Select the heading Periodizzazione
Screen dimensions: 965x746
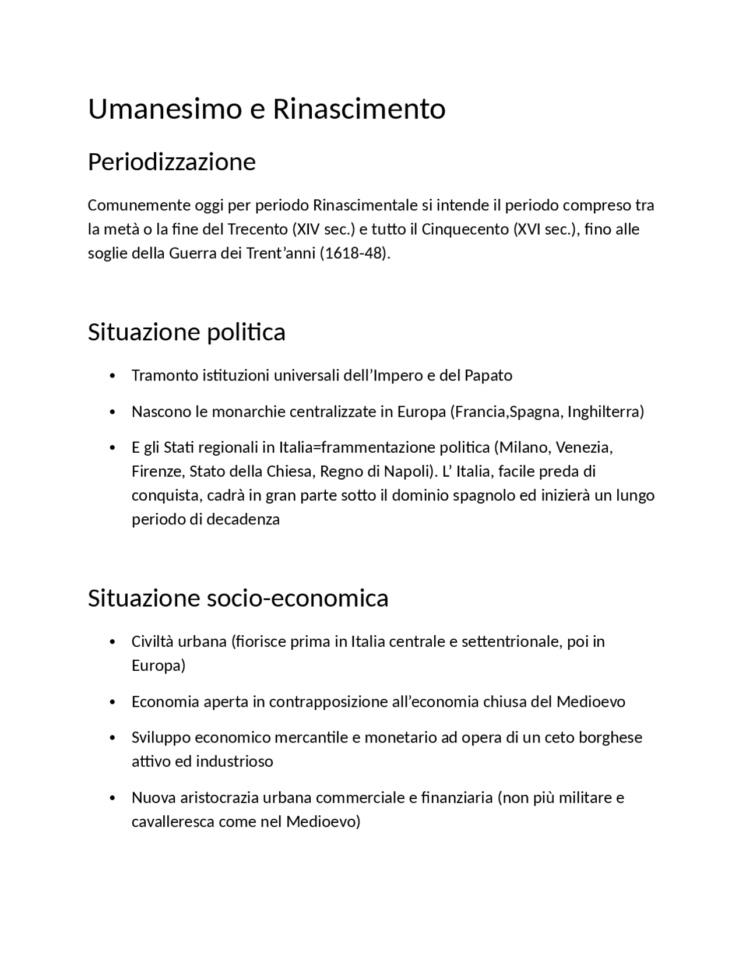(x=171, y=161)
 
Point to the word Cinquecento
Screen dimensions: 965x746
(x=465, y=229)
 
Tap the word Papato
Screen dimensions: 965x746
(x=488, y=375)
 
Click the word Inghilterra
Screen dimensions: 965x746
(x=606, y=411)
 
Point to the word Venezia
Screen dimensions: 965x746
(x=584, y=448)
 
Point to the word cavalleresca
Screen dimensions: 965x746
(x=173, y=822)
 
